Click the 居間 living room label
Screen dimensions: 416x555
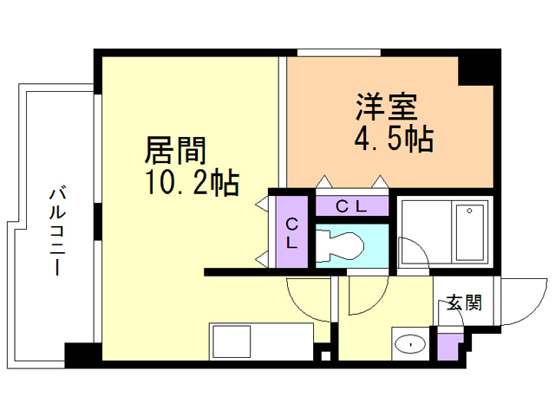pos(175,152)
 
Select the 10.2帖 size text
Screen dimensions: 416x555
pos(193,182)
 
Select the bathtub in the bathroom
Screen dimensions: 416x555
pos(469,231)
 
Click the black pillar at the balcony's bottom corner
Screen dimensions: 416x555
pos(81,354)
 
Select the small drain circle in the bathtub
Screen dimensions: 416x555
pos(469,210)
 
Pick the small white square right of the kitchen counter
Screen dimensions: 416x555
pos(326,354)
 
